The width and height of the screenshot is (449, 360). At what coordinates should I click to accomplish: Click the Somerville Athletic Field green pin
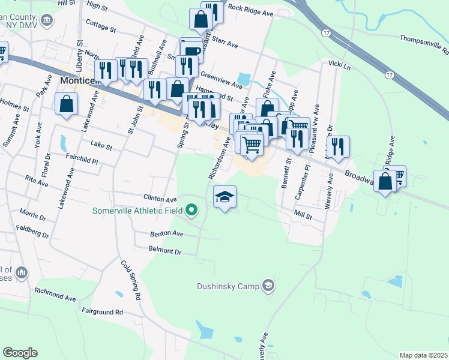[191, 210]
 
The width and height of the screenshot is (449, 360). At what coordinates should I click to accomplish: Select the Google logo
[20, 353]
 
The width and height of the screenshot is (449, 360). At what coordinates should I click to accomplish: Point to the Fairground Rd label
[102, 312]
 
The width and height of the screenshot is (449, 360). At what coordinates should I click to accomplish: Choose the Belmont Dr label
[164, 250]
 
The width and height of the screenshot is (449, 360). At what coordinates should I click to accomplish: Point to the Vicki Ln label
[339, 64]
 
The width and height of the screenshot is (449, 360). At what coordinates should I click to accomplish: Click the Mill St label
[303, 214]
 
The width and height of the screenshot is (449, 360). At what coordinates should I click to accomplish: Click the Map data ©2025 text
[423, 355]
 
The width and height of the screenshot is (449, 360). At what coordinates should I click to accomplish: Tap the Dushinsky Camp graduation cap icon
[268, 286]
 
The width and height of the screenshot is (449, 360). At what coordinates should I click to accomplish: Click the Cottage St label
[100, 26]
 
